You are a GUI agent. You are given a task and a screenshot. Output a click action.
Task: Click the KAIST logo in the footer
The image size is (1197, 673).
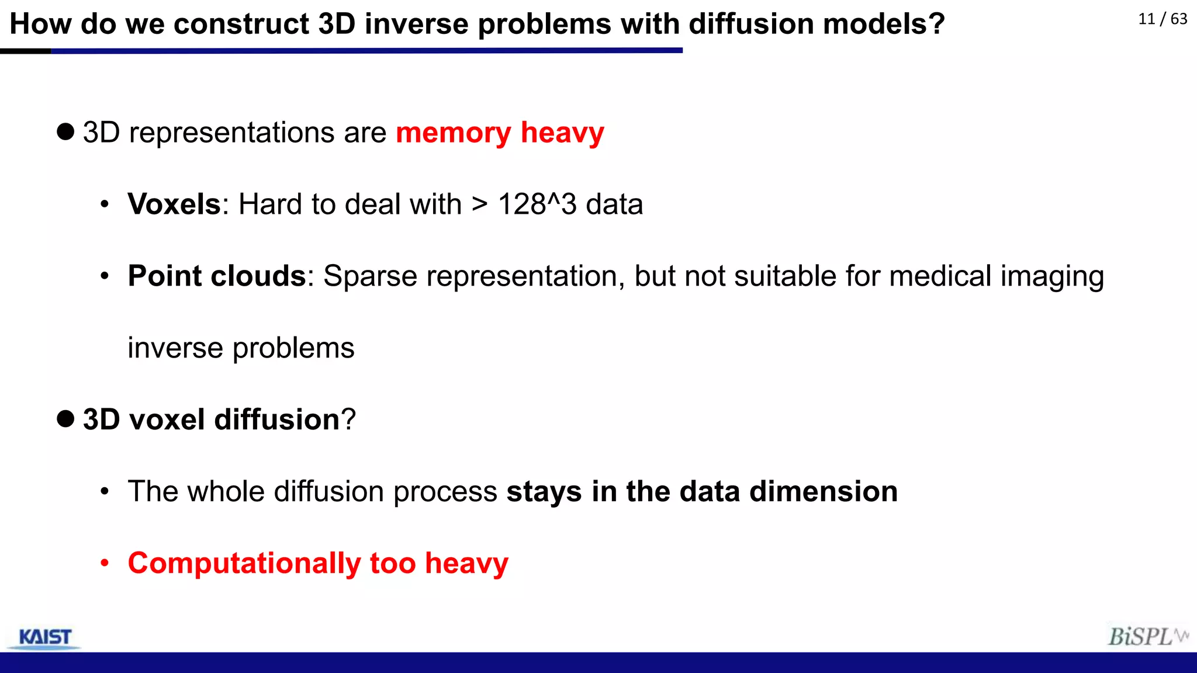click(x=45, y=637)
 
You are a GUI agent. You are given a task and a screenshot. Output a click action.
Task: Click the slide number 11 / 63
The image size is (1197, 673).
click(x=1163, y=19)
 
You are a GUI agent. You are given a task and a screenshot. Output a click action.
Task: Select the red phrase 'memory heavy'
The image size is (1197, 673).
click(x=500, y=133)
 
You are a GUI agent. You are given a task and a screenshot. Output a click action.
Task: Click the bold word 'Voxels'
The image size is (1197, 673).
click(x=174, y=204)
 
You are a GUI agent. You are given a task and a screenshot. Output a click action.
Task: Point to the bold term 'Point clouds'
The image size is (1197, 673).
click(x=217, y=276)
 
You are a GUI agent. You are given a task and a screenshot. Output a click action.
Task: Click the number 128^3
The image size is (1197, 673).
click(x=537, y=204)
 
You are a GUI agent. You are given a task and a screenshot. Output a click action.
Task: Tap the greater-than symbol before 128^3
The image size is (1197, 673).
click(x=479, y=204)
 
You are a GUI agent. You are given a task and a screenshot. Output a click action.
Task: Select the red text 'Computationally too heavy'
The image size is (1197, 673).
click(x=318, y=563)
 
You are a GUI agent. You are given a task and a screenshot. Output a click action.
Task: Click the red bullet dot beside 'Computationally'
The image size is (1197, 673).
click(x=105, y=563)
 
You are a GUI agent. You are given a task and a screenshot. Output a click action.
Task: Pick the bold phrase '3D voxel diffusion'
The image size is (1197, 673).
click(x=211, y=419)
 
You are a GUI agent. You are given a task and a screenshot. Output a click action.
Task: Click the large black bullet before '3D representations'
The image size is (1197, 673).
click(x=65, y=132)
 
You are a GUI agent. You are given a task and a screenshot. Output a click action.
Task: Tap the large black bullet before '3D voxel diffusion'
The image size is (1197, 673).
click(x=65, y=419)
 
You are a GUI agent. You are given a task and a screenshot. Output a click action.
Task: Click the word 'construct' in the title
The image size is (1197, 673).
click(x=241, y=24)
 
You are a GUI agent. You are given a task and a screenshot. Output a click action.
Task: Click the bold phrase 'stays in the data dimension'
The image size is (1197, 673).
click(x=702, y=491)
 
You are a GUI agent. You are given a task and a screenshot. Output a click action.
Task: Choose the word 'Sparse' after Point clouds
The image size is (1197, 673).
click(x=370, y=276)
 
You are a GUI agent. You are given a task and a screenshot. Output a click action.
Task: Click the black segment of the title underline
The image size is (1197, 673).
click(x=25, y=51)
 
